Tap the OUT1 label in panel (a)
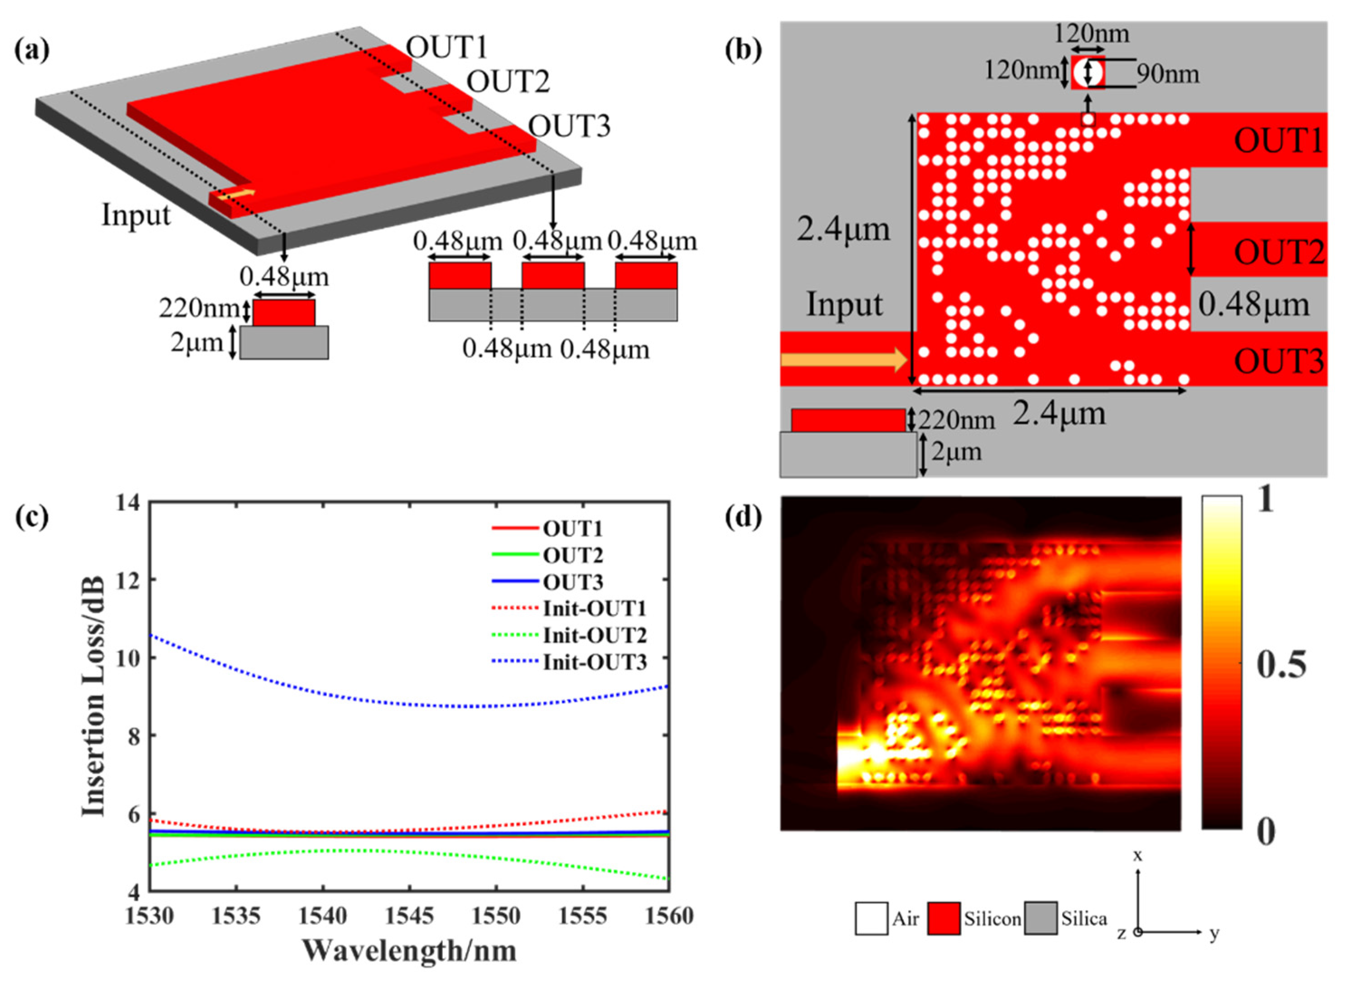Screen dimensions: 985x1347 446,47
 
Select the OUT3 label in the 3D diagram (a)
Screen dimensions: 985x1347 569,126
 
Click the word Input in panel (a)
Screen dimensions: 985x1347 136,215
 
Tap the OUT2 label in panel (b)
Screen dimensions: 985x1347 1279,252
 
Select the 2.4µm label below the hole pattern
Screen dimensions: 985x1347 1059,413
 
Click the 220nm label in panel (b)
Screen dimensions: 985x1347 955,421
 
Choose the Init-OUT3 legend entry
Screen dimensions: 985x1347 594,662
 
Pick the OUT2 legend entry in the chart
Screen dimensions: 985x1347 572,555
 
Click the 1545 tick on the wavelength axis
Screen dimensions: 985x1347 409,916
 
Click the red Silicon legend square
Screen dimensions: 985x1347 944,919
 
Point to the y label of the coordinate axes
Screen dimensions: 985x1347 1214,933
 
